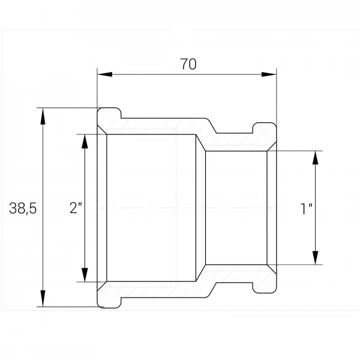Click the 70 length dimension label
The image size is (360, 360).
188,64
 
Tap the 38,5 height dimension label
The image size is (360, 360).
23,208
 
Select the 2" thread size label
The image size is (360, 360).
76,208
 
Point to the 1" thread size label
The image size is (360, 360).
307,209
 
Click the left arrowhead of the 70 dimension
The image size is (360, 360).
104,74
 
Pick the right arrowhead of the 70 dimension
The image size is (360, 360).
269,74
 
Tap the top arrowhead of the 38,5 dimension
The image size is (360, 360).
43,116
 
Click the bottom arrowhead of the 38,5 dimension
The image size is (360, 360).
43,298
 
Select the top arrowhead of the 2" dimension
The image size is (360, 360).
85,142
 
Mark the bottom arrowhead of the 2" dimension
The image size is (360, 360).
85,275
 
